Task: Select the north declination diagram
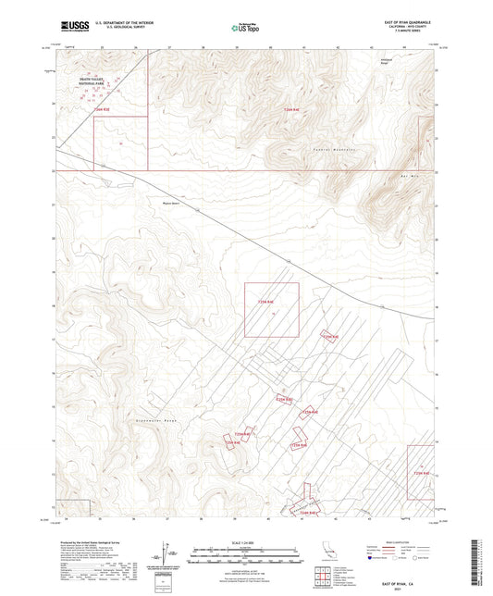coord(173,555)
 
